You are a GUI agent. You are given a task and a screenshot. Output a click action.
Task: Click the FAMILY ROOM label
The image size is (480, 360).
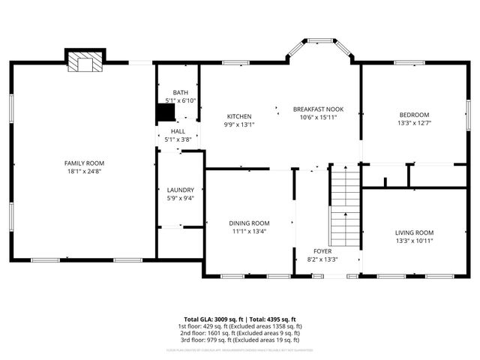pos(84,163)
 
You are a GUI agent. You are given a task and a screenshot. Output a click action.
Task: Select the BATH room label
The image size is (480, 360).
pos(180,92)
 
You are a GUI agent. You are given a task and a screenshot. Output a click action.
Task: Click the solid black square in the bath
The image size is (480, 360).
pos(165,112)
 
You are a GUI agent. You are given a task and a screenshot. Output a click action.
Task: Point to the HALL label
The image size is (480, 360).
pos(178,131)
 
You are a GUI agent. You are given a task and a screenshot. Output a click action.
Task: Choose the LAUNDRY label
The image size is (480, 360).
pos(180,190)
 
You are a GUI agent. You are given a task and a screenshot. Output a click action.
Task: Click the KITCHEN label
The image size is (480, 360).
pos(239,116)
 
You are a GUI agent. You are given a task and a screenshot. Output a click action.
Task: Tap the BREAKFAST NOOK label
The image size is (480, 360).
pos(318,109)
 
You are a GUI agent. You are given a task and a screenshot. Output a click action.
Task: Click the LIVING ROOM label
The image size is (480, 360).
pos(414,232)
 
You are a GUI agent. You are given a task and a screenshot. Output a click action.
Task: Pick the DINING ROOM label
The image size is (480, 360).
pos(249,223)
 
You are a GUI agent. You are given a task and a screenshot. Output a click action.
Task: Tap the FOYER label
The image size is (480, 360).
pos(322,250)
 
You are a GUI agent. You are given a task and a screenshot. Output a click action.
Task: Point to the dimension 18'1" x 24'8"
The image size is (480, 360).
pos(84,171)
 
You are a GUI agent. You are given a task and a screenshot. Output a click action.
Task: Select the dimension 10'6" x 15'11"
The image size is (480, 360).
pos(318,117)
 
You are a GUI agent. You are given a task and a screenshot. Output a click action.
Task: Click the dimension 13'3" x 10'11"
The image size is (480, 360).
pos(414,241)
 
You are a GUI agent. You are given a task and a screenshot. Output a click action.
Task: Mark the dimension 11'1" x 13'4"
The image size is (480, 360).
pos(249,231)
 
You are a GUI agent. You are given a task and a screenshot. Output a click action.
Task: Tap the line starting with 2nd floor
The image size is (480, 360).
pos(240,334)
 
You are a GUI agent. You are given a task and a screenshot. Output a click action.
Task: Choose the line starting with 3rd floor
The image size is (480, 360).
pos(240,340)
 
